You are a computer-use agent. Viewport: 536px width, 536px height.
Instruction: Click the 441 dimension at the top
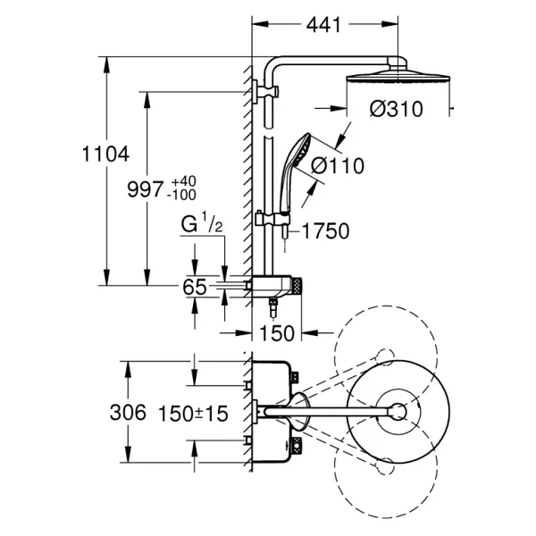pyautogui.click(x=323, y=25)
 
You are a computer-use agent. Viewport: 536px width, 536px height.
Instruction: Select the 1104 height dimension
pyautogui.click(x=106, y=154)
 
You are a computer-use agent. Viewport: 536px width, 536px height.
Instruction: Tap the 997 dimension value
pyautogui.click(x=146, y=189)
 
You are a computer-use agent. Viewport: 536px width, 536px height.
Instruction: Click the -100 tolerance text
pyautogui.click(x=181, y=195)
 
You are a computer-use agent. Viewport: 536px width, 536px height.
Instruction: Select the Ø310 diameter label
pyautogui.click(x=396, y=109)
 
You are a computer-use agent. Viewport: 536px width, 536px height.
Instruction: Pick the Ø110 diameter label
pyautogui.click(x=338, y=166)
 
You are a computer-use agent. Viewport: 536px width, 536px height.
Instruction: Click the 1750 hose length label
pyautogui.click(x=326, y=230)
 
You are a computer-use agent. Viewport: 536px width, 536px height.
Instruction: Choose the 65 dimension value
pyautogui.click(x=195, y=287)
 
